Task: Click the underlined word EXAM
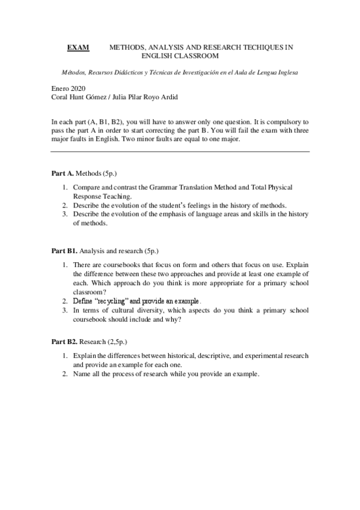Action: click(x=78, y=47)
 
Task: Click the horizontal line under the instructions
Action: click(x=180, y=152)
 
